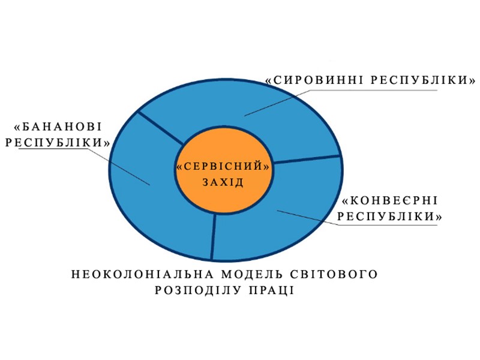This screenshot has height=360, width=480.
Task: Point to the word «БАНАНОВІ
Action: [58, 127]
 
